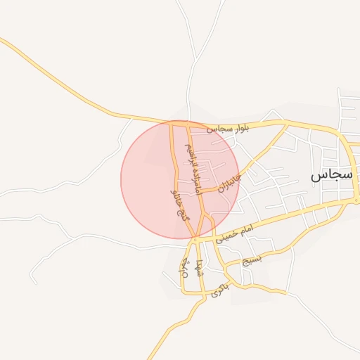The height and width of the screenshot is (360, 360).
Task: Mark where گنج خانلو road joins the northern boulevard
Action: point(172,123)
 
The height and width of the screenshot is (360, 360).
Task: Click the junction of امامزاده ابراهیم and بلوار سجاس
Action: point(187,124)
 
